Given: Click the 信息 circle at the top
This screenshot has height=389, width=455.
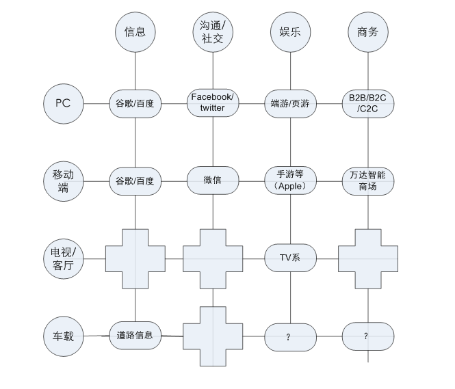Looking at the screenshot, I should pos(135,31).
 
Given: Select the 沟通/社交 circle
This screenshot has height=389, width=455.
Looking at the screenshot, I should pos(213,31).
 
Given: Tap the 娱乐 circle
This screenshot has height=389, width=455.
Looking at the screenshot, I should pos(291,31).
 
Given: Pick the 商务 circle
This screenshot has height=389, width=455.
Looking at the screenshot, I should pos(368,31).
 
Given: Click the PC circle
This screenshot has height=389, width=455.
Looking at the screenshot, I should pos(63,104).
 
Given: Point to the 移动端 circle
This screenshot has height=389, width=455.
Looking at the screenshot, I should pos(63,181).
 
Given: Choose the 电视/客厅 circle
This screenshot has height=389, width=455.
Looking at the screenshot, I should pos(63,258).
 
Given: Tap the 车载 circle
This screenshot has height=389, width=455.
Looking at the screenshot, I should pos(63,336).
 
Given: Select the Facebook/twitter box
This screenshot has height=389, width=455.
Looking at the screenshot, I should pos(213,103).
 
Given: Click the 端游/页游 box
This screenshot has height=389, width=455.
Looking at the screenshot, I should pos(290,104).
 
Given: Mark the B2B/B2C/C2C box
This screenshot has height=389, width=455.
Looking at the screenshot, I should pos(368,104).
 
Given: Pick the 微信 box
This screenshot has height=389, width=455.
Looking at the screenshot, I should pos(213,180).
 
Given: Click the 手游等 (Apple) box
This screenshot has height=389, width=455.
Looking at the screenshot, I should pos(290,180).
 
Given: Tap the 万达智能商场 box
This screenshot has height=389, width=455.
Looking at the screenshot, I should pos(368,181).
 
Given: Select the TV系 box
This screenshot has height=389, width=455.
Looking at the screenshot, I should pos(290,258).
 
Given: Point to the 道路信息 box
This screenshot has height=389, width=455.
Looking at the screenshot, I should pos(135,336).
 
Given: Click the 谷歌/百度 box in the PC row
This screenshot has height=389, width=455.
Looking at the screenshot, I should pos(135,104).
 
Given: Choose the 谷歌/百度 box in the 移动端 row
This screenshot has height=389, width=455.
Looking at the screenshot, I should pos(135,181).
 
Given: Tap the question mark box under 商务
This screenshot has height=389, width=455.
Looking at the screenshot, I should pos(368,336).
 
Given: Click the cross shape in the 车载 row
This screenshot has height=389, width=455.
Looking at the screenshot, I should pos(213,336).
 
